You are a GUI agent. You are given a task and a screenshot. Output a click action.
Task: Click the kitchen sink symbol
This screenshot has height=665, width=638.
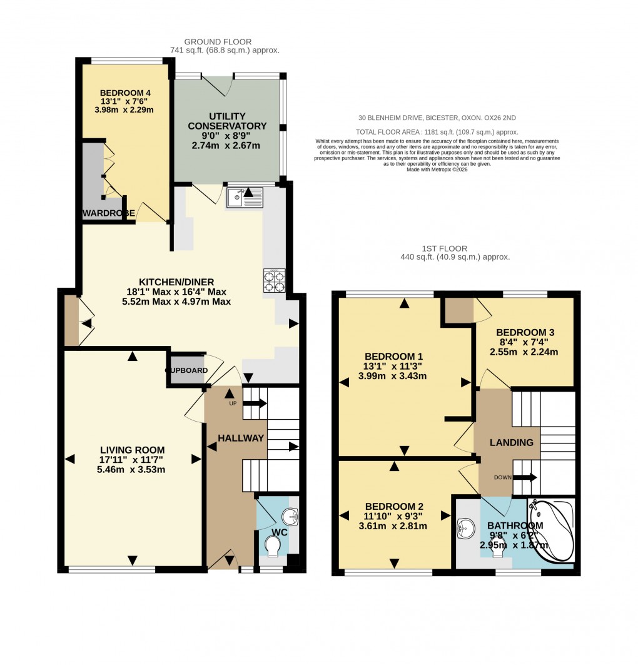tap(246, 198)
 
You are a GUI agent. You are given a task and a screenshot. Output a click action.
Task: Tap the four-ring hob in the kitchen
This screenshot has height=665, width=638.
tap(274, 280)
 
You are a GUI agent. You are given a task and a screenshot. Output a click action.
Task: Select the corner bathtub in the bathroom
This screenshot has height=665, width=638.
tap(551, 530)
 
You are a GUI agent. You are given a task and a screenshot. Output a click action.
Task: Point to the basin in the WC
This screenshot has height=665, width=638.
tap(290, 517)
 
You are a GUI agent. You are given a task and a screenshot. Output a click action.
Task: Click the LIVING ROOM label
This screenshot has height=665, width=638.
tap(132, 449)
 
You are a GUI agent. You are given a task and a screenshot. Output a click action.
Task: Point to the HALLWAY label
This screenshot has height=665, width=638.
tap(241, 438)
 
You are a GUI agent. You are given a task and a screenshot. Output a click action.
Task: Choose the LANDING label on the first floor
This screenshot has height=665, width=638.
tap(511, 442)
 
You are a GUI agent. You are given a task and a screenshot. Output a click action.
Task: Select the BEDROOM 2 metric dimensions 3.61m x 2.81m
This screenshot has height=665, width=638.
tap(395, 526)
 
